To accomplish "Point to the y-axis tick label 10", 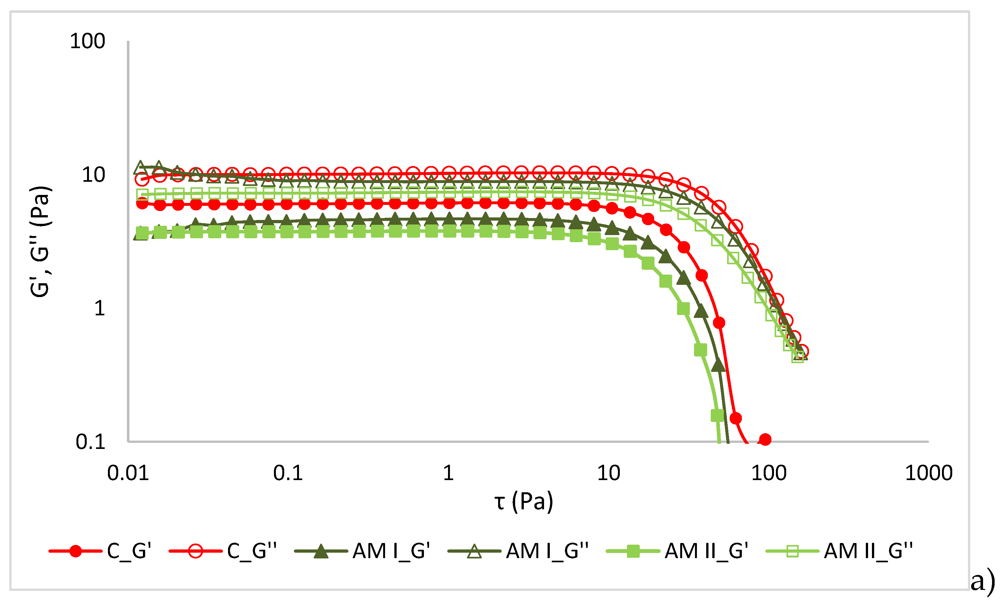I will pos(93,175).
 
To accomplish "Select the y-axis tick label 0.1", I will pos(90,442).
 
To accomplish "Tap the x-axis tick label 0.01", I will pos(128,473).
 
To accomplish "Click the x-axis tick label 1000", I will pos(929,473).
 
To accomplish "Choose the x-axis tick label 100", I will pos(769,473).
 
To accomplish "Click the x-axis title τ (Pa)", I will pos(524,501).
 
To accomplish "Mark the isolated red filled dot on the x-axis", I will pos(765,440).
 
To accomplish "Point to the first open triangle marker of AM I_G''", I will pos(141,167).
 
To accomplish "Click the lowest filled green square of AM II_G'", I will pos(717,416).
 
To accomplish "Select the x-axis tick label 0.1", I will pos(288,473).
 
